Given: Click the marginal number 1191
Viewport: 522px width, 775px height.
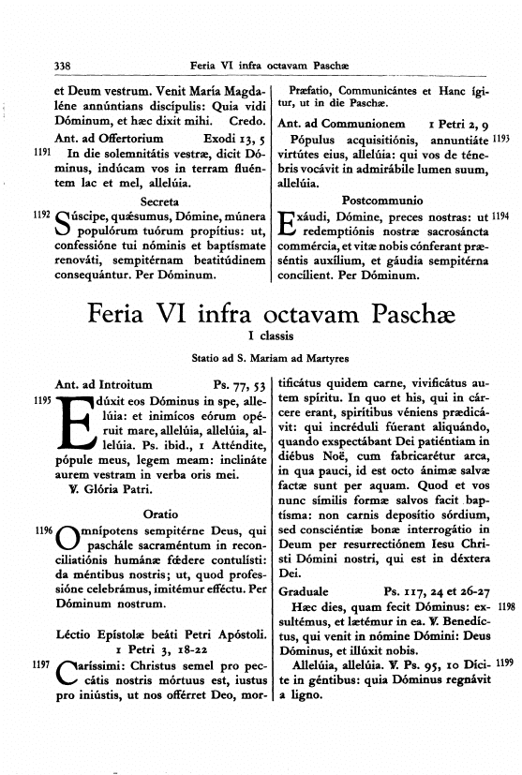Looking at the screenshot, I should tap(40, 150).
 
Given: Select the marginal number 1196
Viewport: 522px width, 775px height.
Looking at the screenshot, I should tap(40, 531).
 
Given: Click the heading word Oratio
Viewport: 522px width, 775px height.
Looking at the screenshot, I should tap(156, 514).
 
